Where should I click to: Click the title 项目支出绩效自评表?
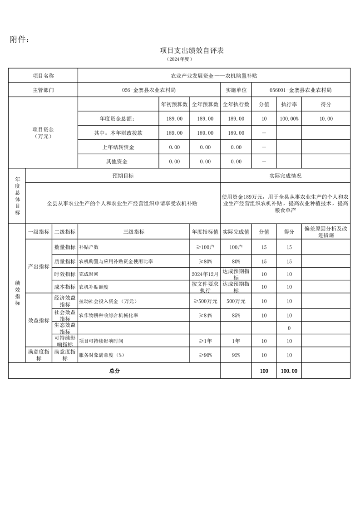tap(192, 50)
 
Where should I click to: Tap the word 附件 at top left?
tap(20, 40)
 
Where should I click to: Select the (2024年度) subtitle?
tap(180, 59)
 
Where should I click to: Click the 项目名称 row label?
tap(43, 76)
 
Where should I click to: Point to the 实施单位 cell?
tap(236, 90)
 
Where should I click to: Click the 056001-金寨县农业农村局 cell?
tap(301, 90)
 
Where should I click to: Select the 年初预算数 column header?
tap(175, 104)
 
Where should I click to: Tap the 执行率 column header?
tap(289, 104)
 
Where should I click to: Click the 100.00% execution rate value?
tap(289, 119)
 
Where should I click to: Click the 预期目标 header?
tap(123, 176)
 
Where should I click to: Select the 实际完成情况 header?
tap(285, 176)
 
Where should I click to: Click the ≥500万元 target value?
tap(205, 301)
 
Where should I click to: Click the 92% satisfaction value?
tap(236, 355)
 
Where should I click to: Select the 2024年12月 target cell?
tap(205, 274)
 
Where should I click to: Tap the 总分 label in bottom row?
tap(114, 371)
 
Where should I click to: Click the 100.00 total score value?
tap(289, 371)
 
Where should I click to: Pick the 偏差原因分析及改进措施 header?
tap(326, 232)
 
